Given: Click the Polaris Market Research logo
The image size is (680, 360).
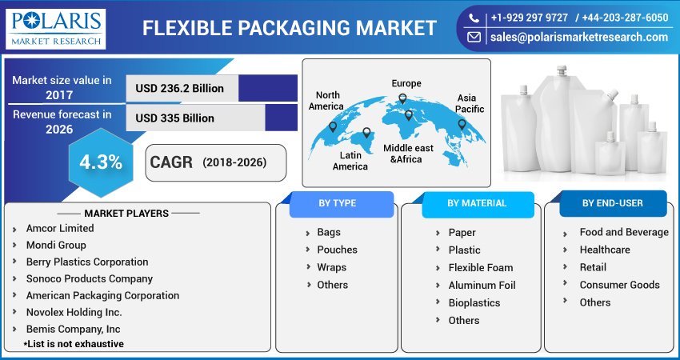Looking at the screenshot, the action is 55,29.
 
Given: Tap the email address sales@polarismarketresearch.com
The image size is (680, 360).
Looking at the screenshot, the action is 579,38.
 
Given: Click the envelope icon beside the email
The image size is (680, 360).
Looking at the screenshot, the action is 474,38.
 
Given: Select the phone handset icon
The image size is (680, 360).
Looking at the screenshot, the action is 474,18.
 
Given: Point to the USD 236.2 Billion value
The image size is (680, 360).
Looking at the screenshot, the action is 179,89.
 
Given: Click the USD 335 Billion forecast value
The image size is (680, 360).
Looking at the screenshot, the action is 174,118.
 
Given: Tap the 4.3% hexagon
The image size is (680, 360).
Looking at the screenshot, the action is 101,162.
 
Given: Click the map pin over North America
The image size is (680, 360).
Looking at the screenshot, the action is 333,127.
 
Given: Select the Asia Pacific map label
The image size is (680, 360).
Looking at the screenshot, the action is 470,104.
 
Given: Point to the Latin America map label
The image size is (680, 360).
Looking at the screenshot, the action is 350,161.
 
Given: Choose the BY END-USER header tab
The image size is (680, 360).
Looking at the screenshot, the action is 613,203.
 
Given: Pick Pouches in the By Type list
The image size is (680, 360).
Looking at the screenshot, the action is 337,250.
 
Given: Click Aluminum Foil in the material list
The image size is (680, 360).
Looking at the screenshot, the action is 482,286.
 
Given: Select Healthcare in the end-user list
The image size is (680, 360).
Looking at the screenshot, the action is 605,250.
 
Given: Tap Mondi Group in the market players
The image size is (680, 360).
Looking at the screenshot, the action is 56,245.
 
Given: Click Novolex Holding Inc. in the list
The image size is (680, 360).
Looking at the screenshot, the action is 74,312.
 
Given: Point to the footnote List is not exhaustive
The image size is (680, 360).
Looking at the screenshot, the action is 74,344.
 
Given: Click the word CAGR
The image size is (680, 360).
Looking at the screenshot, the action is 171,162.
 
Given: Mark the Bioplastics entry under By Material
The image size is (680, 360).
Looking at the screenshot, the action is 474,303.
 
